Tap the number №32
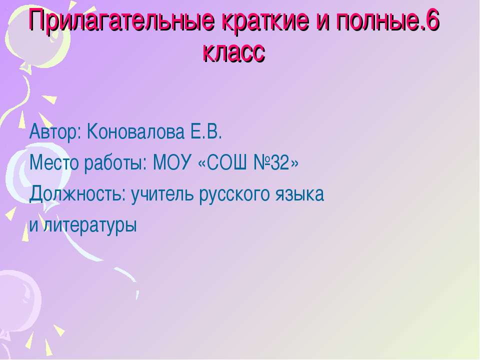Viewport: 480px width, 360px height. pyautogui.click(x=273, y=162)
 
